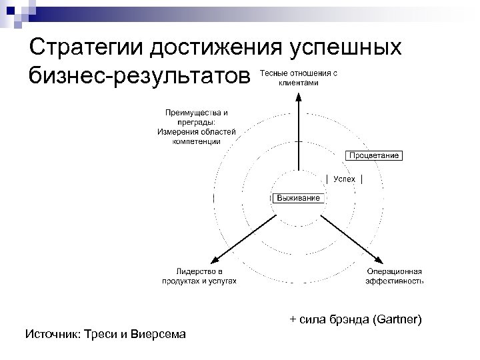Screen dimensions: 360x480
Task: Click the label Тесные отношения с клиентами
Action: (x=298, y=78)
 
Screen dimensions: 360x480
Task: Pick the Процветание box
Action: (x=374, y=155)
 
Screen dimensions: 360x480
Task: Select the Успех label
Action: (x=345, y=179)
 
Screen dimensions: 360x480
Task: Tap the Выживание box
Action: (x=298, y=198)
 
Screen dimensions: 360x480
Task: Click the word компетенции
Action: (x=195, y=141)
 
